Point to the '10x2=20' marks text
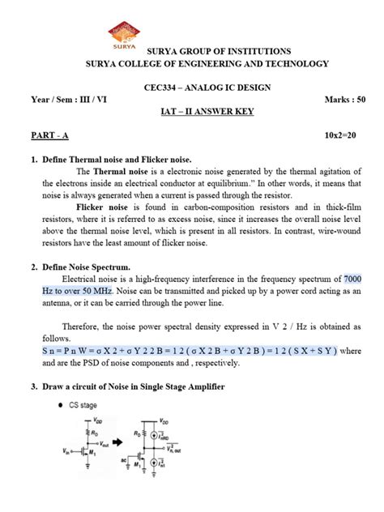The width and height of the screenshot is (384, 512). (x=344, y=139)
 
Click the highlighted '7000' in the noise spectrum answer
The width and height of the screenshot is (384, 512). (x=357, y=279)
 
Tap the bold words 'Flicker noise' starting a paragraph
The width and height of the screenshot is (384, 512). (x=102, y=207)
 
